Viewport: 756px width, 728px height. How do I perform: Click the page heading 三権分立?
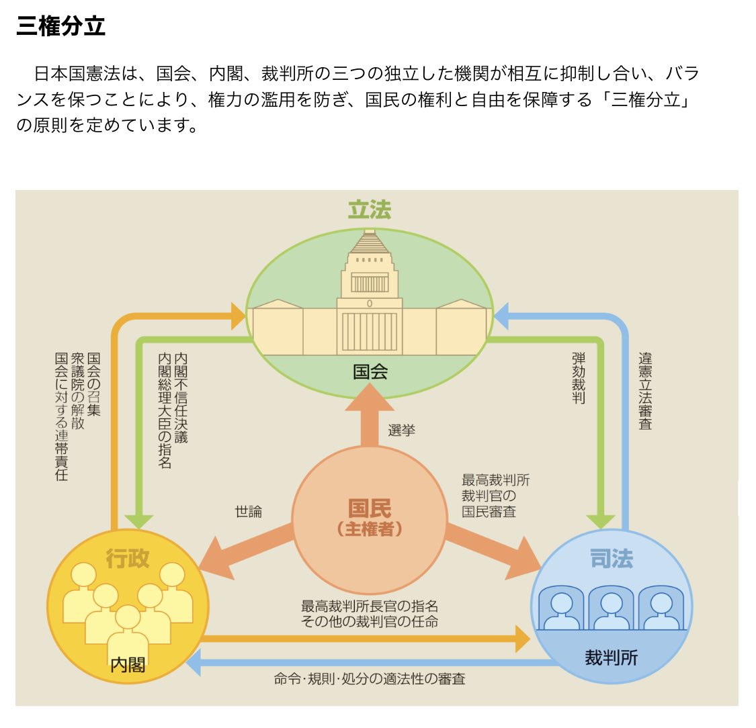pos(61,26)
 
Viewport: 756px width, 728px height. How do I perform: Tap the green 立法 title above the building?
pos(370,210)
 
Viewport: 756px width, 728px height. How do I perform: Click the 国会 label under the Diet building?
pos(370,371)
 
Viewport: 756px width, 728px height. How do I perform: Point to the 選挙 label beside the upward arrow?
pos(401,430)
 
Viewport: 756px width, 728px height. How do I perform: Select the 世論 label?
pos(249,512)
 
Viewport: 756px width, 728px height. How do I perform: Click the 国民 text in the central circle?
pos(370,508)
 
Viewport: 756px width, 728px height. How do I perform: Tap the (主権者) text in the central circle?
pos(370,529)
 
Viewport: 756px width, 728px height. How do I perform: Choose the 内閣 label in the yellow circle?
pos(128,665)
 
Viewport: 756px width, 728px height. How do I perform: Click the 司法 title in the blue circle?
pos(612,559)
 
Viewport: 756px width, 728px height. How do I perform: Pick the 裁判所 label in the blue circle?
pos(611,657)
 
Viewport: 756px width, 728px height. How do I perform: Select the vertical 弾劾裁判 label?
pos(579,377)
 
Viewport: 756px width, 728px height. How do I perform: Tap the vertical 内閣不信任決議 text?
pos(181,398)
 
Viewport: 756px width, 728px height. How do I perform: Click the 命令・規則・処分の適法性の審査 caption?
pos(370,678)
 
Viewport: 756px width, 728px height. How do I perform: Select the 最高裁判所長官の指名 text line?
pos(370,606)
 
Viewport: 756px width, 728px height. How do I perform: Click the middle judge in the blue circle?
pos(611,608)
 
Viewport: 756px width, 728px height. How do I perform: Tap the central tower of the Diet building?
pos(369,269)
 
